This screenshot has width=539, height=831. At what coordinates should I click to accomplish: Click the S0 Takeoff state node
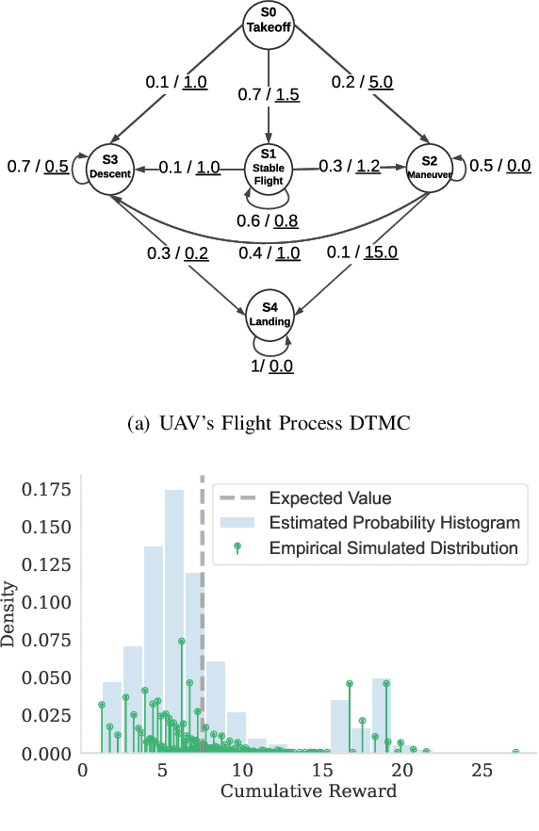click(270, 23)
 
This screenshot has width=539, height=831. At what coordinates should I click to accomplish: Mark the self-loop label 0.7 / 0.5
click(38, 167)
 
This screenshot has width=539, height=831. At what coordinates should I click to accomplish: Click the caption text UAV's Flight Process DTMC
click(269, 423)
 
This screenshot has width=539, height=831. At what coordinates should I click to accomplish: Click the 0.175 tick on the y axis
click(47, 490)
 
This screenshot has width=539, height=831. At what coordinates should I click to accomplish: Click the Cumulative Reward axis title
click(308, 791)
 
